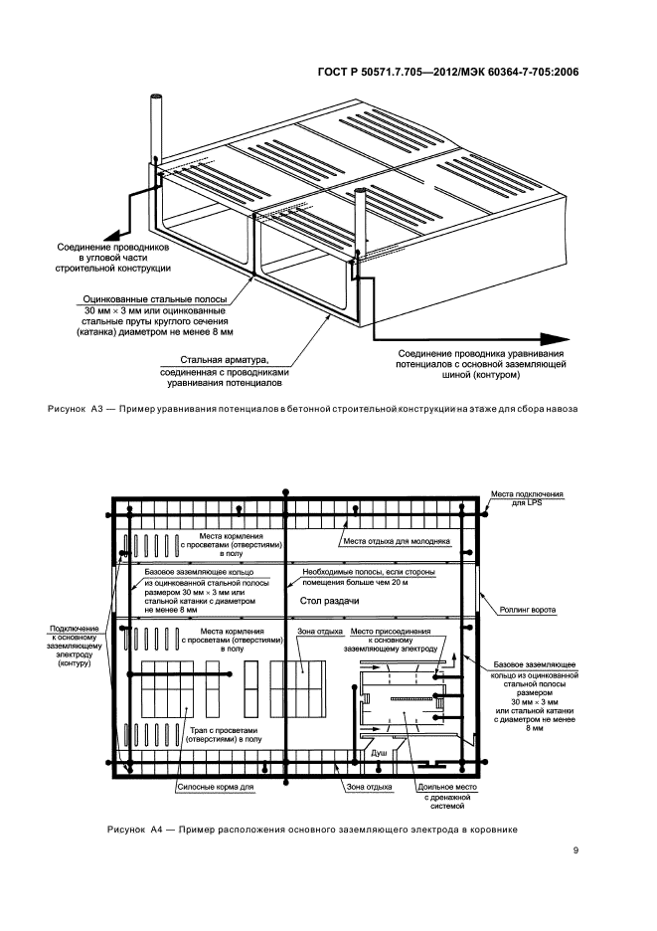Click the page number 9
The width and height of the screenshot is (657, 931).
coord(575,849)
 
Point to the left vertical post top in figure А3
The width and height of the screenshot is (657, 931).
coord(156,97)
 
